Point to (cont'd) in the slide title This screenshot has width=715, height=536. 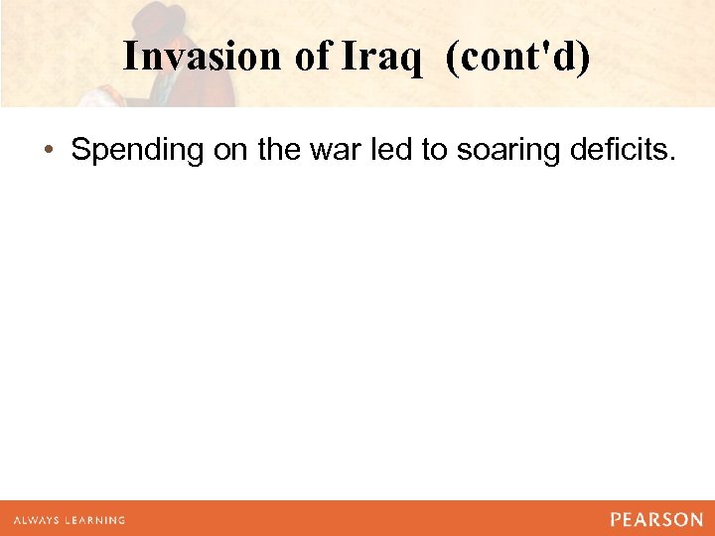tap(517, 58)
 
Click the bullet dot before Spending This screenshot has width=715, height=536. tap(48, 151)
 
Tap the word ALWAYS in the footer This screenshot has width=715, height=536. tap(37, 520)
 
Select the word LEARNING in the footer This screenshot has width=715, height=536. tap(95, 520)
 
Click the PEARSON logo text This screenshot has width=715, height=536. tap(656, 519)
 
